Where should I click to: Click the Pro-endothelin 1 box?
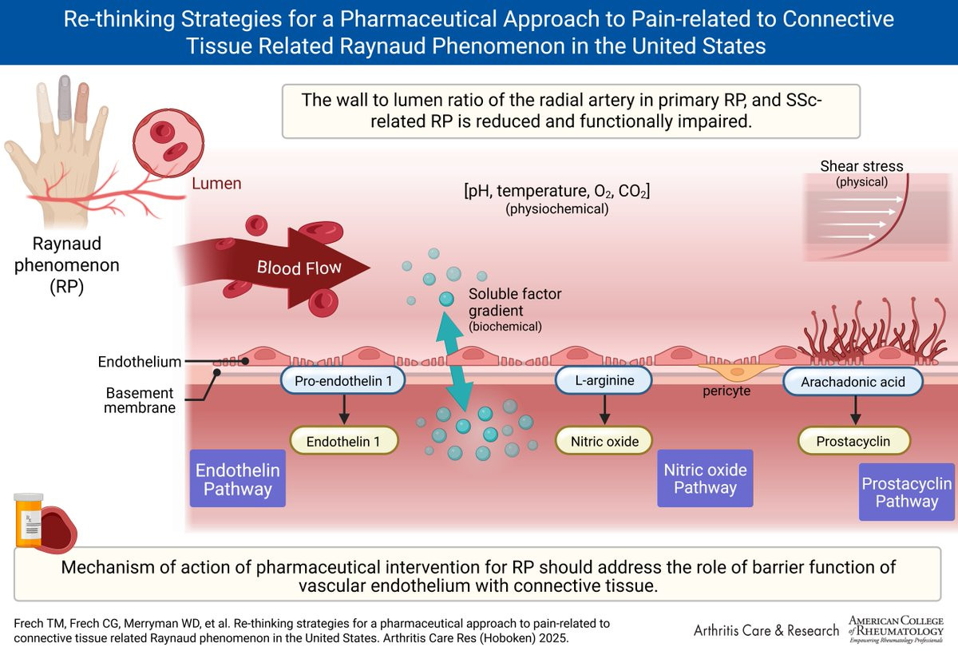(343, 380)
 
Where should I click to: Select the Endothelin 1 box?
(344, 441)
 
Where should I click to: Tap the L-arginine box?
(604, 380)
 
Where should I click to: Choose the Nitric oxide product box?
(604, 441)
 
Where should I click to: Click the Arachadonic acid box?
(853, 381)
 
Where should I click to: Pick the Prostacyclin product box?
(853, 441)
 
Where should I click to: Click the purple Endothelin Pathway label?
(238, 478)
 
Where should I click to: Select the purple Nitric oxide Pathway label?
(705, 478)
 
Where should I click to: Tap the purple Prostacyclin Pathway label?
(907, 492)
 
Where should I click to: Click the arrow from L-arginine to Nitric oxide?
(604, 410)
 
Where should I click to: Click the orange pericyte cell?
(738, 371)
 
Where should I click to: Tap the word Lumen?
(216, 183)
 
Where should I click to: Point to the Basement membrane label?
(140, 400)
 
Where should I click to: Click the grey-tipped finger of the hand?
(65, 97)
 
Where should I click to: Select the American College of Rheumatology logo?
(896, 629)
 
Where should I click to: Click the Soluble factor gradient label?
(514, 309)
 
